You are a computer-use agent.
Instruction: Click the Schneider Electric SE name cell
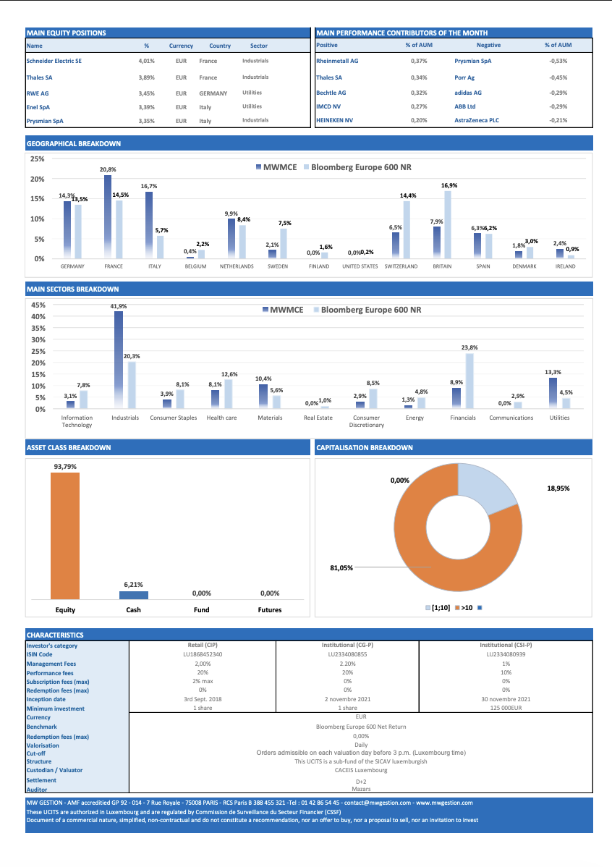54,61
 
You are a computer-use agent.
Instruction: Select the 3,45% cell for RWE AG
147,93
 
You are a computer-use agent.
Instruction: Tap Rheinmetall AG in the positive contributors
337,61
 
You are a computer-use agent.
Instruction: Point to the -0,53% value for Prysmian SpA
558,61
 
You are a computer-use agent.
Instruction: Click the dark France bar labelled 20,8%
108,217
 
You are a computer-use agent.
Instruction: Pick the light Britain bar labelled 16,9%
448,224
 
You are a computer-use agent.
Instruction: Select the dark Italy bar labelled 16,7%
149,225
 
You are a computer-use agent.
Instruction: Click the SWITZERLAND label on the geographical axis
401,266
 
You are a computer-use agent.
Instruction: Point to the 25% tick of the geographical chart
38,159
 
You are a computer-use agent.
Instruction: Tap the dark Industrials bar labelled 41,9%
119,360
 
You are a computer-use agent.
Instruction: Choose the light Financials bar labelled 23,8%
470,381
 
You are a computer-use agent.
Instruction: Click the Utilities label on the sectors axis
559,418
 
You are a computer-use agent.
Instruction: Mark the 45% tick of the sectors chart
38,305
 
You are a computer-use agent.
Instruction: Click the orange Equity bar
65,536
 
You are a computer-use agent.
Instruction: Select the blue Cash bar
134,596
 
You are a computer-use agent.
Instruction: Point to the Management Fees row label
51,664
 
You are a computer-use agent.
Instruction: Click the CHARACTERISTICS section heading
55,635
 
